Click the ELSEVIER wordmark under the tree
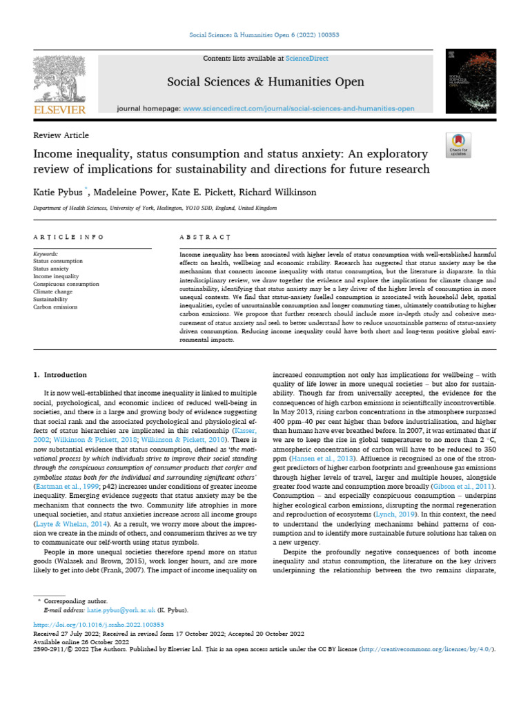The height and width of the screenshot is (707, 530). [59, 110]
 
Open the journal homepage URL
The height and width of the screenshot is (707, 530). [299, 108]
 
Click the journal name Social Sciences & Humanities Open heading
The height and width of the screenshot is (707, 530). [266, 82]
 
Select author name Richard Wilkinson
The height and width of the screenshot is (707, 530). [257, 191]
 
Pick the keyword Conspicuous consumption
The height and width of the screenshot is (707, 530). [66, 284]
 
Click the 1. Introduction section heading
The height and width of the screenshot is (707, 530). [61, 375]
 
